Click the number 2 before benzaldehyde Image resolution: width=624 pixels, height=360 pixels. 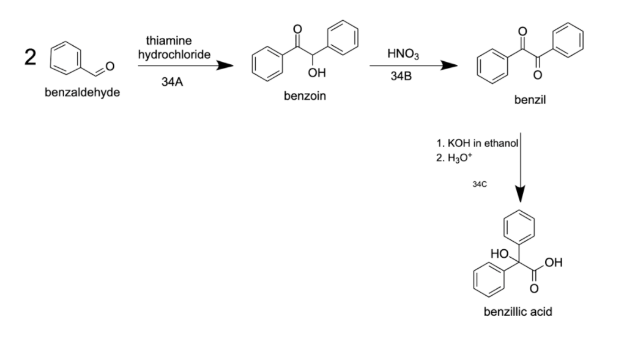coord(30,58)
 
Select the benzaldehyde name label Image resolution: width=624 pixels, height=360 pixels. coord(83,92)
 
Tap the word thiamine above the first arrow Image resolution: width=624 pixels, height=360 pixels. coord(169,40)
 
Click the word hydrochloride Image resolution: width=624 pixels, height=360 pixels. coord(174,54)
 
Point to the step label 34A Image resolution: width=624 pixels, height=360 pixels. coord(173,82)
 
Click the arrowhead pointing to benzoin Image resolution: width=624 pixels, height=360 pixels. coord(225,66)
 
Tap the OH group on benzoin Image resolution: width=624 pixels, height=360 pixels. coord(317,73)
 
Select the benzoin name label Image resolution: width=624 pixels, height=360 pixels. coord(305,96)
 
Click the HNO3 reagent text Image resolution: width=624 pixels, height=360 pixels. coord(403,53)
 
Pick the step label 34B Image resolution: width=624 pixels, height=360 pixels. coord(401,76)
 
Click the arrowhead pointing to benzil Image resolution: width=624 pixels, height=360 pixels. coord(449,66)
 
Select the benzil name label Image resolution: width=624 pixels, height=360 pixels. coord(530,100)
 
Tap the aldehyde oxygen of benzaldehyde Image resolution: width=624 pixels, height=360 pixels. coord(110,66)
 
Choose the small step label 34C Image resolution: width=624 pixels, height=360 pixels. coord(480,184)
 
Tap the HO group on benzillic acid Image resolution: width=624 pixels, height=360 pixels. coord(499,253)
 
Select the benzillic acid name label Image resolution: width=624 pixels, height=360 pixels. coord(518,312)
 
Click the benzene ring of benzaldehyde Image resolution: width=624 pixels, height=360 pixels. coord(65,58)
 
